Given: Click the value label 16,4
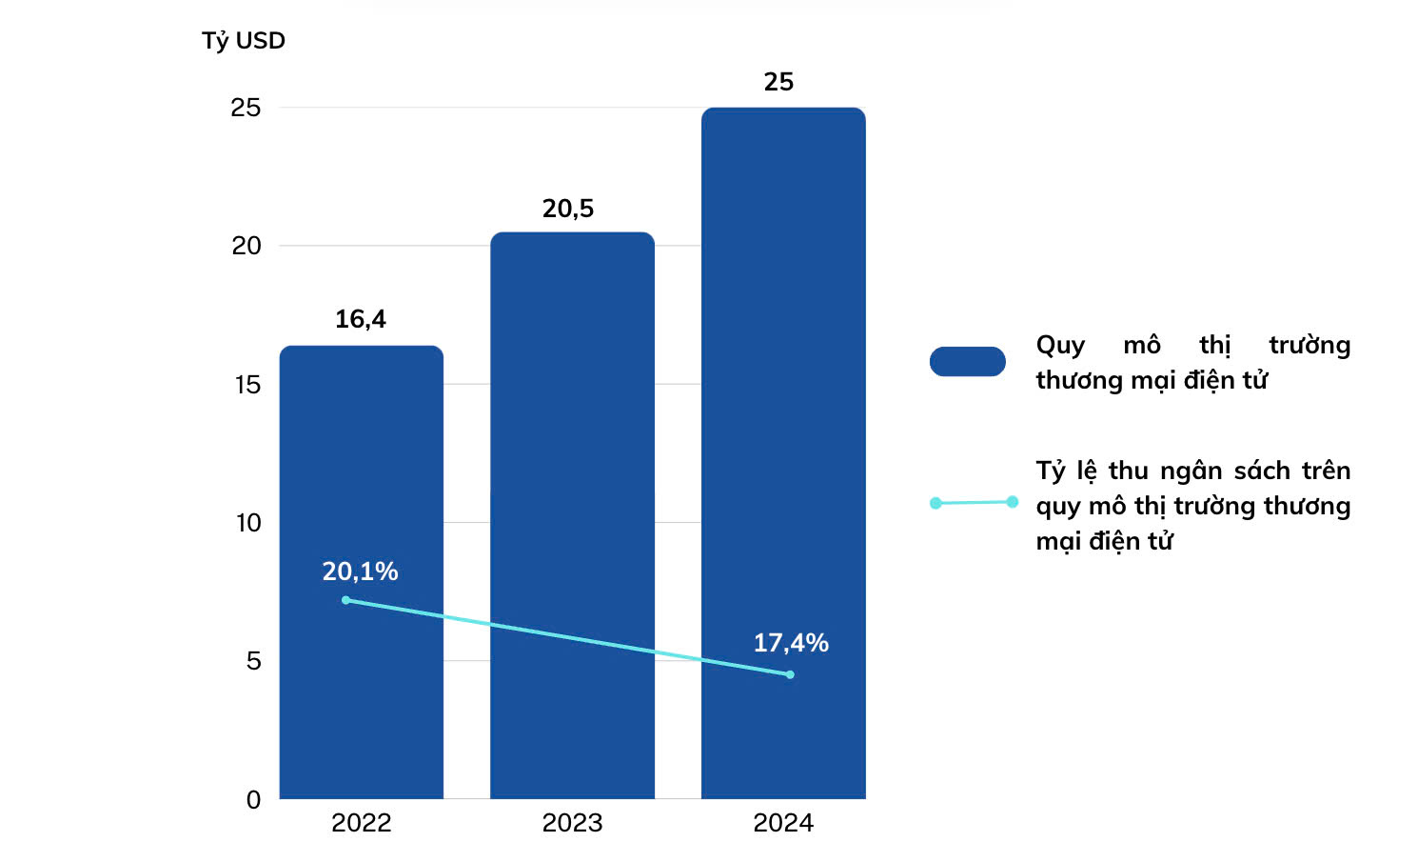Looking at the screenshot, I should (361, 319).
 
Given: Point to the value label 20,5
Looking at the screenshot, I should (568, 209).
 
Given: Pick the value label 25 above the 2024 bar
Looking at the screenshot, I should (778, 82).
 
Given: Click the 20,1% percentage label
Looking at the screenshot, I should (360, 571).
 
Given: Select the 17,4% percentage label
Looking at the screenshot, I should (791, 643).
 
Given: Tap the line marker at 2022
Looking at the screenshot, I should (345, 600).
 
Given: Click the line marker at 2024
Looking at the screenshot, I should (790, 674).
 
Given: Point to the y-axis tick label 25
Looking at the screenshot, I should (246, 108).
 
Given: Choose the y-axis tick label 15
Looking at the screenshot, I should (247, 385).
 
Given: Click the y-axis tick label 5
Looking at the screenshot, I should (253, 661).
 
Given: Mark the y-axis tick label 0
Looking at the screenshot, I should (253, 800).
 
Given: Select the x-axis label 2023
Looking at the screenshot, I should (572, 823).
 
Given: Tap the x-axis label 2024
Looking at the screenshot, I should (783, 823).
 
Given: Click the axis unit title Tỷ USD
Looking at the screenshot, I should (244, 41).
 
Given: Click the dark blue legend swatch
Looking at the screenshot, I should (967, 362).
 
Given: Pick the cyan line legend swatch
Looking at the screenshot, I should (974, 502).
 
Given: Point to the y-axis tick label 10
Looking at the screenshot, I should (247, 523).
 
